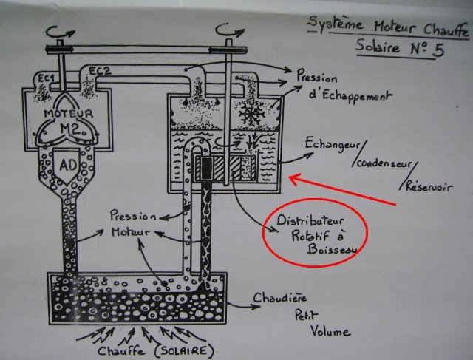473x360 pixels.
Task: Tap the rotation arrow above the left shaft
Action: coord(58,30)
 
